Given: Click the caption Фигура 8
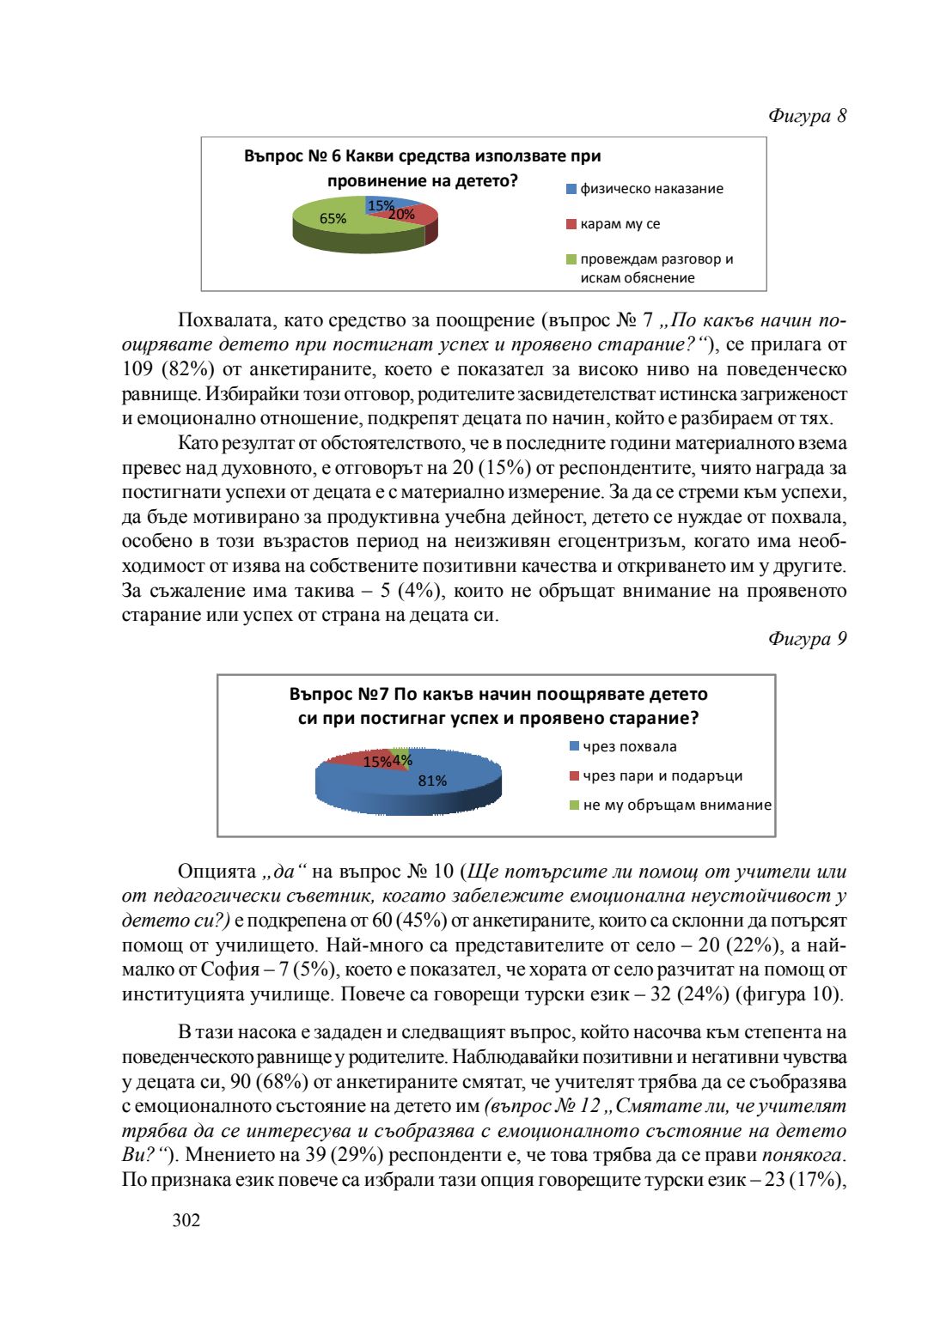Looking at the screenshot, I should pos(807,116).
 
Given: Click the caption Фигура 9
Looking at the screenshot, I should pos(807,639).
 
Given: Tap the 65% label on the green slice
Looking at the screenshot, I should pos(333,219).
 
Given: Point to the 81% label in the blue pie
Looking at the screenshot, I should pos(432,781).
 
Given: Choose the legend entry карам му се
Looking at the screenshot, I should pos(620,224).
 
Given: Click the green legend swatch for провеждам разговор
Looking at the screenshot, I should pos(571,259).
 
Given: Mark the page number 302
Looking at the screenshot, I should pos(186,1220).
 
